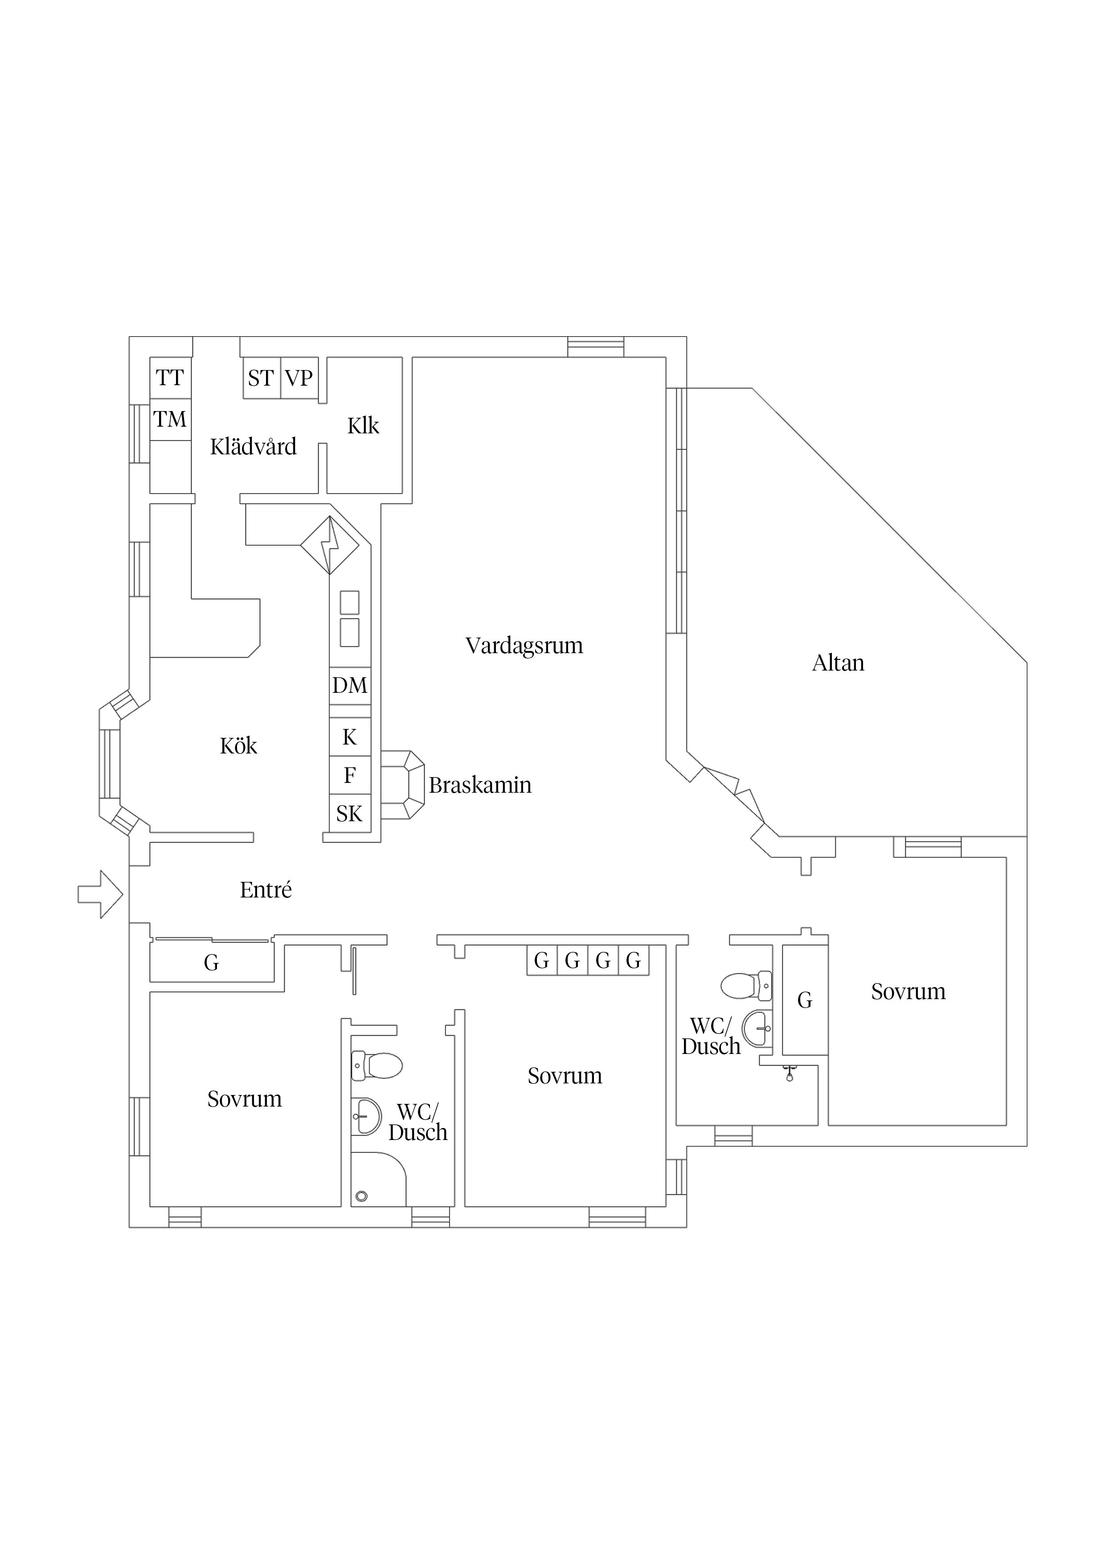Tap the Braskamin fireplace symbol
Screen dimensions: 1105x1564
402,785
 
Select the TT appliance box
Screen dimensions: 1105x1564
170,378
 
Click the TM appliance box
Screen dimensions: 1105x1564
170,420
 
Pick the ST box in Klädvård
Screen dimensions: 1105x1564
262,378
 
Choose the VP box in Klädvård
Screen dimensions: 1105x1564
299,378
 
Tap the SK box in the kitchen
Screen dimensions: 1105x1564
350,813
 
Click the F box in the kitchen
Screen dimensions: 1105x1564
350,775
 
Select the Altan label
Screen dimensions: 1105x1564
838,663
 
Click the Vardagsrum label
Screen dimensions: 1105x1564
524,646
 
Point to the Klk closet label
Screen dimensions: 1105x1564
363,426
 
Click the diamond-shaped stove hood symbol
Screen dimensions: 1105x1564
330,545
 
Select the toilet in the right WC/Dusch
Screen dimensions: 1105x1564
746,986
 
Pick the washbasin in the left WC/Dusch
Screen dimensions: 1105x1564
366,1116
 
